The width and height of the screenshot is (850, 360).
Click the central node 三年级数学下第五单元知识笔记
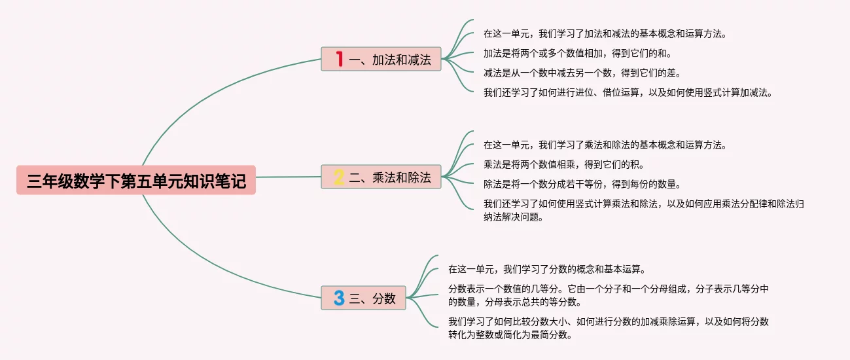tap(136, 180)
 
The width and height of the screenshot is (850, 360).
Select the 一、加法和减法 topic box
tap(381, 59)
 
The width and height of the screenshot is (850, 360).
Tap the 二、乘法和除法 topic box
tap(381, 177)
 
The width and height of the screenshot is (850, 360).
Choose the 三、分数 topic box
tap(364, 298)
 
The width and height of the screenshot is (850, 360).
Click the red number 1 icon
tap(339, 59)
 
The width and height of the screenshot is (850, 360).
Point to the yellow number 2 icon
tap(339, 177)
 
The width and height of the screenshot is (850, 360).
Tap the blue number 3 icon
tap(339, 298)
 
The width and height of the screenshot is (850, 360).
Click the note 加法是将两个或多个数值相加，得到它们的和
tap(577, 53)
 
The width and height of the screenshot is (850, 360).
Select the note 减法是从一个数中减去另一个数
tap(577, 73)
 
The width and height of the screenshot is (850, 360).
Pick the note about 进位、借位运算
tap(628, 92)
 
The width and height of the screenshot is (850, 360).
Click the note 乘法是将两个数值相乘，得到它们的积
tap(577, 164)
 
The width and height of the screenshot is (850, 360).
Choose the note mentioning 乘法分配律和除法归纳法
tap(644, 210)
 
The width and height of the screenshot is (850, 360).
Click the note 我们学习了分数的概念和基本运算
tap(547, 269)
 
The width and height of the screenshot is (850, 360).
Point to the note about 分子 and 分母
tap(608, 295)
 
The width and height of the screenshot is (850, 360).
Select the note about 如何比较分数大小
tap(608, 328)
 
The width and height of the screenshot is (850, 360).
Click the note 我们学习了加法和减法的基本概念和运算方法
tap(605, 33)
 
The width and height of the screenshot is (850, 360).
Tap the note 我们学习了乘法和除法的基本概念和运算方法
tap(605, 145)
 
